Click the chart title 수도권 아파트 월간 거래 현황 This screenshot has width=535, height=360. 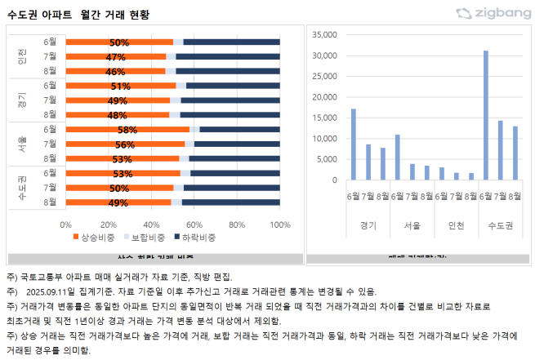78,15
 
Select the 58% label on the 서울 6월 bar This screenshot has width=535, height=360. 127,129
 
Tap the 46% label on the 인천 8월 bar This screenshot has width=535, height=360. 115,71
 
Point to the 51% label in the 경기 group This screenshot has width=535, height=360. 121,86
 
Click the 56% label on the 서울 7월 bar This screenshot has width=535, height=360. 125,144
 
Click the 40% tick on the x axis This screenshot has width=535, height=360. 152,223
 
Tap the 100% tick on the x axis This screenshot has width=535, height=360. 280,223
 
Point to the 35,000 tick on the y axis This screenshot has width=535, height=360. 325,35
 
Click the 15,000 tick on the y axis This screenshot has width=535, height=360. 325,118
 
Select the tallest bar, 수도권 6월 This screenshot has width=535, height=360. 486,115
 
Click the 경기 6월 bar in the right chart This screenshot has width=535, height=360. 353,144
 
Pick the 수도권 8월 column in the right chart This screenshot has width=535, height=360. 515,153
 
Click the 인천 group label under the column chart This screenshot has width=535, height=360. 457,224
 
